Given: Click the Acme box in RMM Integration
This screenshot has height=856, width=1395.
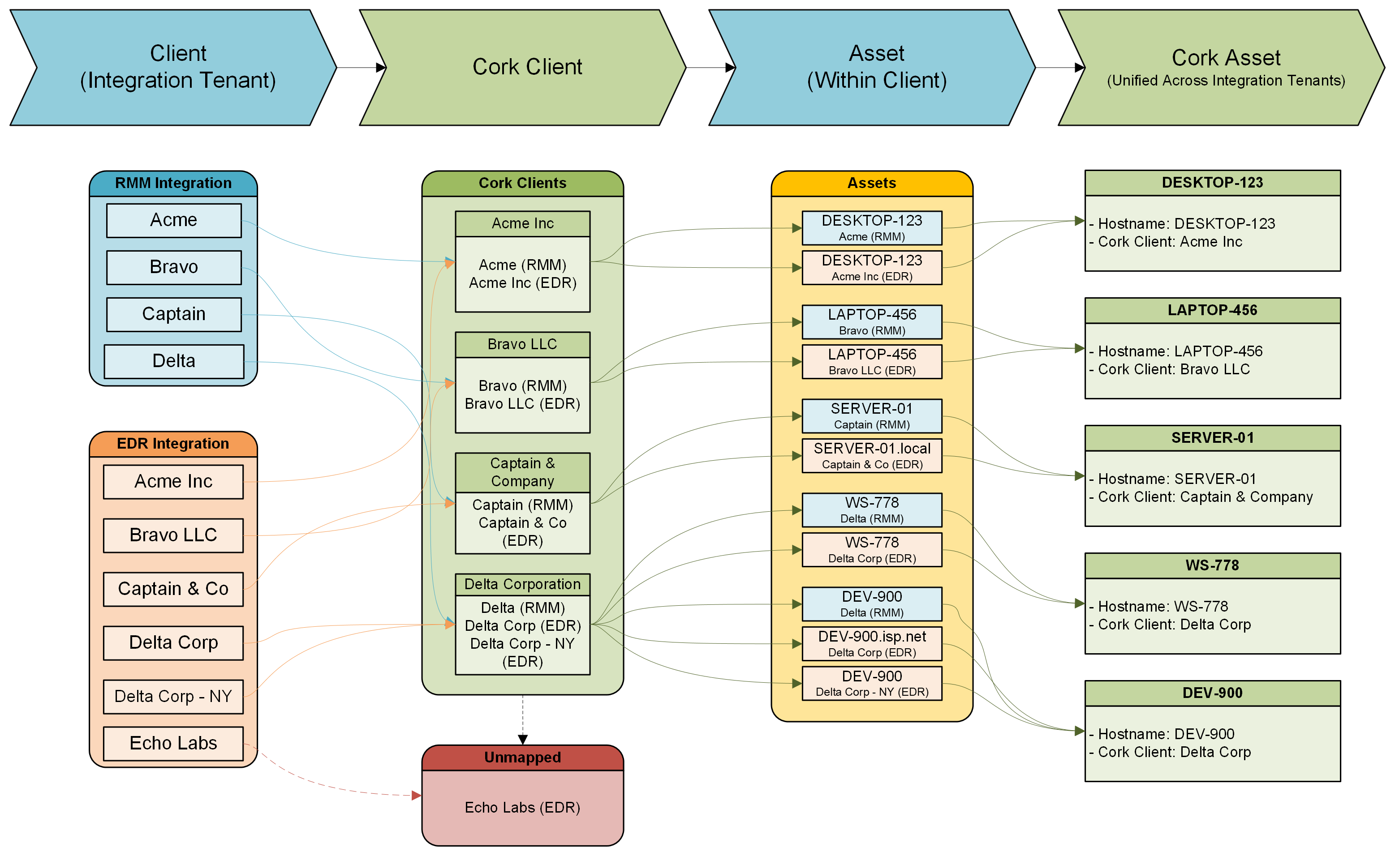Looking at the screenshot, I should click(173, 220).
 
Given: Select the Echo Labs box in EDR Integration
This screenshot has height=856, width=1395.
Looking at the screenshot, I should click(173, 743).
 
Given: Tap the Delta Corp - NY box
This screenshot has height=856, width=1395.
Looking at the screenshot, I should click(173, 696).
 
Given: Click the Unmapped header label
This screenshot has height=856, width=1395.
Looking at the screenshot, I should click(522, 758).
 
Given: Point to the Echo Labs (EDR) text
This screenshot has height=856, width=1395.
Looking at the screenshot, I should click(522, 807).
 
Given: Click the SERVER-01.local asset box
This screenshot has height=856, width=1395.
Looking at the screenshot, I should click(872, 456).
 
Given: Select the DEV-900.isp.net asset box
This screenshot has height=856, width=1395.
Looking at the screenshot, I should click(872, 644).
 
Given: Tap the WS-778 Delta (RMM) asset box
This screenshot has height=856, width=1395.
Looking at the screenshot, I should click(872, 510).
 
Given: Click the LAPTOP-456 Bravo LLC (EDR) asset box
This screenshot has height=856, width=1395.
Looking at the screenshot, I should click(872, 362).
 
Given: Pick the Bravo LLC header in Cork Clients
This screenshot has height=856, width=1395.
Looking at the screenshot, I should click(522, 344).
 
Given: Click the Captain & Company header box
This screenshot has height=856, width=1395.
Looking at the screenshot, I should click(522, 472).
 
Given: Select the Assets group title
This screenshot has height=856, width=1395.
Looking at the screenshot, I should click(872, 183).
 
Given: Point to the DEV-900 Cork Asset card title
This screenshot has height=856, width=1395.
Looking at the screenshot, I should click(1212, 693).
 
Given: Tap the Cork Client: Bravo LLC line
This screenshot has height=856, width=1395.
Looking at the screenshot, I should click(1174, 369).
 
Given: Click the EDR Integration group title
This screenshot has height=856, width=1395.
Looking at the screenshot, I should click(173, 443).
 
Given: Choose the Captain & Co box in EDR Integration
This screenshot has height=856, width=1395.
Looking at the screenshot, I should click(173, 589).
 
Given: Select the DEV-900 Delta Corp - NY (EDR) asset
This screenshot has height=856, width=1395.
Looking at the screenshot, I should click(872, 683).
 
